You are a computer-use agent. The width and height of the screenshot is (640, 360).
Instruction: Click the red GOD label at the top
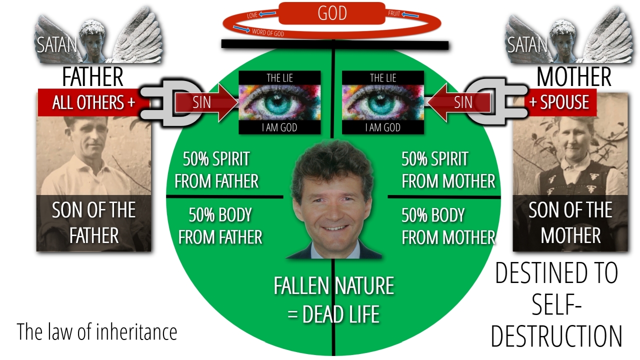click(332, 13)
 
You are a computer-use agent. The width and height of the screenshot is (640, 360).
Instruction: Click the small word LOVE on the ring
click(253, 16)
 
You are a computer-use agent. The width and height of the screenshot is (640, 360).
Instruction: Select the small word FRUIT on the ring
click(394, 14)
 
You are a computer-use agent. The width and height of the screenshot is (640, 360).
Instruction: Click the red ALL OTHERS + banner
click(93, 102)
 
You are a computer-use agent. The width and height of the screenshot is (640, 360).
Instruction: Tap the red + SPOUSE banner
click(559, 102)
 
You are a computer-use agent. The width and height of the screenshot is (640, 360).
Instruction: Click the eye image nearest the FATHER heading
click(279, 102)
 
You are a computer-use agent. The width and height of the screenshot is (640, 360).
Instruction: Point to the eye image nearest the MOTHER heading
click(383, 102)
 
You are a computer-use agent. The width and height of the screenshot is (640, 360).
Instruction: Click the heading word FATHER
click(92, 77)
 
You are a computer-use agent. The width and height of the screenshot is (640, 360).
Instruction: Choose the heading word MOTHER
click(573, 77)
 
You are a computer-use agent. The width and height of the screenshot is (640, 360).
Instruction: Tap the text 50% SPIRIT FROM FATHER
click(216, 170)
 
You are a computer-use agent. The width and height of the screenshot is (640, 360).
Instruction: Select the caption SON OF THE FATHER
click(94, 222)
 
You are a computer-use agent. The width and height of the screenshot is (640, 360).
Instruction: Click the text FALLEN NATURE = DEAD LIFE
click(333, 300)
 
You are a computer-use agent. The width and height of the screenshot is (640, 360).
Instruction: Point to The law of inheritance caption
click(97, 331)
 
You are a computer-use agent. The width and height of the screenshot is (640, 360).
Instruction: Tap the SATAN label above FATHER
click(56, 45)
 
